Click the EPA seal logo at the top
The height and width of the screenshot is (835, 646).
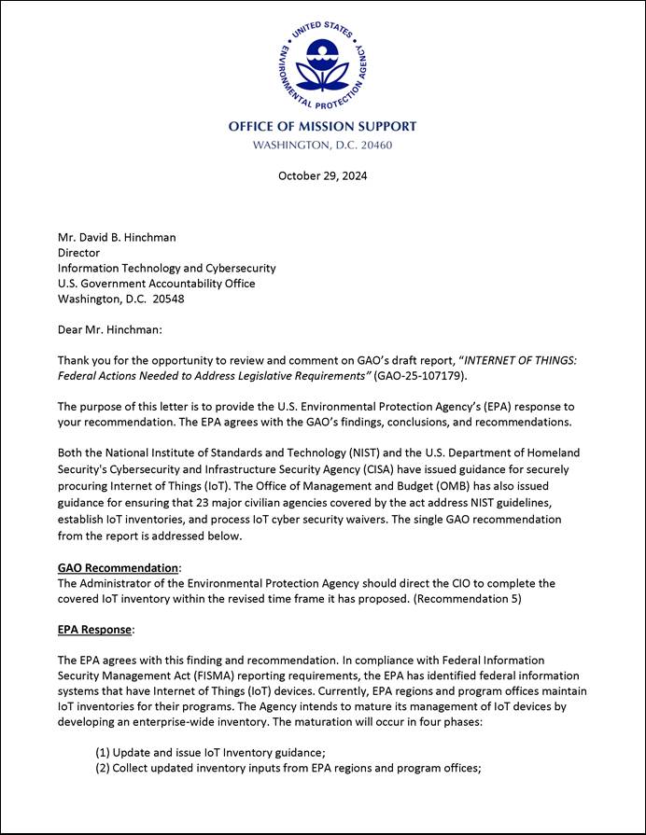323,63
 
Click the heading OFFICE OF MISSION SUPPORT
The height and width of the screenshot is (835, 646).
323,126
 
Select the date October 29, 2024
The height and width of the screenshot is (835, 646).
323,175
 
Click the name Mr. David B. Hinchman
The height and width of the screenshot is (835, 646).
117,237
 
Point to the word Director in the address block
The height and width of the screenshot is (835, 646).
78,252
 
